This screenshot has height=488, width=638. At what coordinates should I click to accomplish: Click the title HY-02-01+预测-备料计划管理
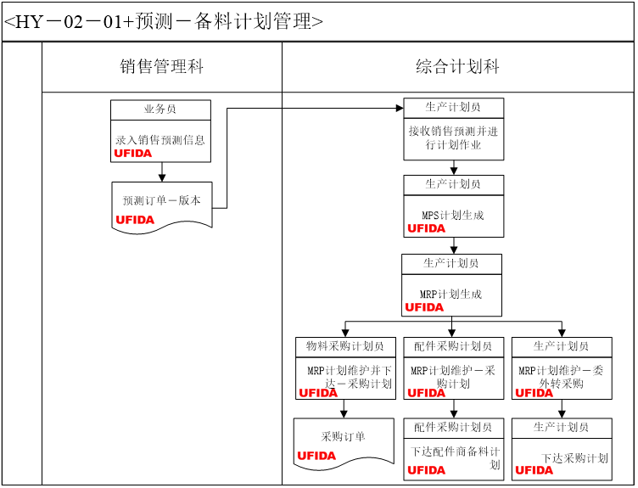[x=164, y=21]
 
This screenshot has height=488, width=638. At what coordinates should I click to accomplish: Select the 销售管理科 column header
[x=161, y=67]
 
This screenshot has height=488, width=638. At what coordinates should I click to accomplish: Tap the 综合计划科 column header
[x=457, y=67]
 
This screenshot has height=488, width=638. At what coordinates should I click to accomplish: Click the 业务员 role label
[x=160, y=109]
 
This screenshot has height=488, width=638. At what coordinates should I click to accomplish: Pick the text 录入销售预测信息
[x=160, y=140]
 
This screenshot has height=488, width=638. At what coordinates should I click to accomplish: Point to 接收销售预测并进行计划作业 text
[x=453, y=137]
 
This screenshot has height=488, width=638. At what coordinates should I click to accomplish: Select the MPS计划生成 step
[x=453, y=216]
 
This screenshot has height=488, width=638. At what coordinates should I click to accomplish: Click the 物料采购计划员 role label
[x=345, y=346]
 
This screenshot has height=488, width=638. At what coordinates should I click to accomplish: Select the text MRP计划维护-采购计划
[x=453, y=377]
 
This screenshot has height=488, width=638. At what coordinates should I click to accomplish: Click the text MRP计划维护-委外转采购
[x=562, y=377]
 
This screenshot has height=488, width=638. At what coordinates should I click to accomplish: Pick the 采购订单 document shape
[x=344, y=437]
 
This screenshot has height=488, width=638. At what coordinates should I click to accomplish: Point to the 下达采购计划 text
[x=574, y=458]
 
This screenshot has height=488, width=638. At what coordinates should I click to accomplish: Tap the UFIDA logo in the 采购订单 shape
[x=316, y=456]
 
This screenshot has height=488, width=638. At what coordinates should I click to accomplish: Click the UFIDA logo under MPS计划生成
[x=426, y=228]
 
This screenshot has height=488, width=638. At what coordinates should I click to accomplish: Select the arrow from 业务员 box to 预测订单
[x=161, y=171]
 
